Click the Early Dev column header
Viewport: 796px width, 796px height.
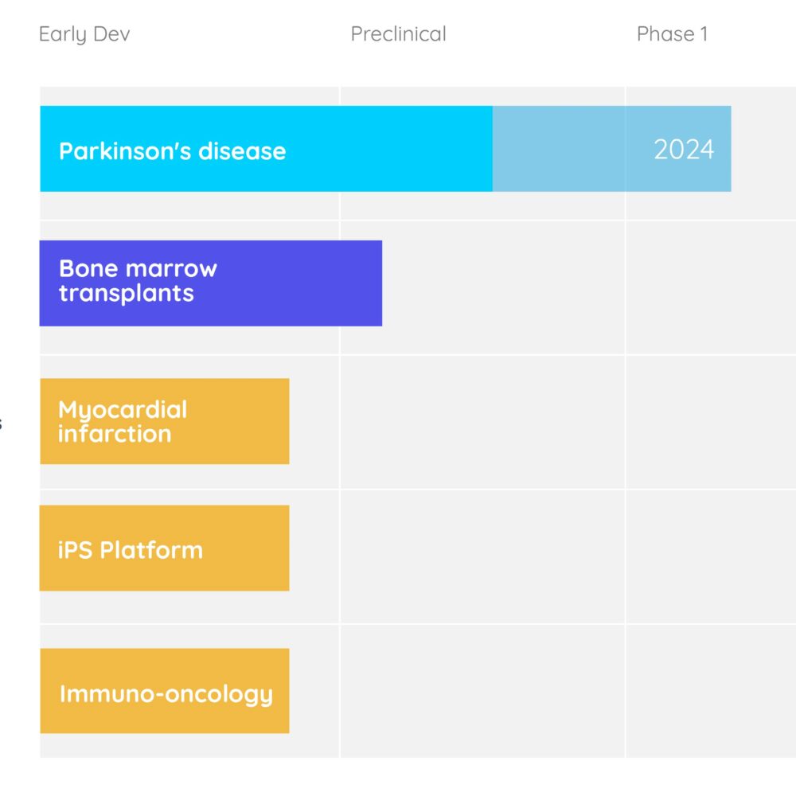(x=84, y=34)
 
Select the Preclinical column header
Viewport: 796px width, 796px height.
(x=399, y=34)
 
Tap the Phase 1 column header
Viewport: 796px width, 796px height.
(x=672, y=34)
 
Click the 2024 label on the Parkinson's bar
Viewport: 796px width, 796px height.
(x=684, y=150)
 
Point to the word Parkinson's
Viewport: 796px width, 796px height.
(x=125, y=150)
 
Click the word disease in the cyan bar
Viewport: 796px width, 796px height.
(x=242, y=150)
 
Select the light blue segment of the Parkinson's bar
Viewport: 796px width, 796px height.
(x=611, y=149)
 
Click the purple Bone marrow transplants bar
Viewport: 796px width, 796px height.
(x=211, y=283)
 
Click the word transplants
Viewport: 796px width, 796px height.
(x=127, y=294)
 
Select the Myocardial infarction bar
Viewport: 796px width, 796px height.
(x=165, y=421)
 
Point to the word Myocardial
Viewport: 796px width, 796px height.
(x=123, y=410)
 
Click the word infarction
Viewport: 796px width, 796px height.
(x=115, y=434)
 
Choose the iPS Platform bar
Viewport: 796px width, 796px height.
(x=165, y=548)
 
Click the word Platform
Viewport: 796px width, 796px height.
(x=151, y=550)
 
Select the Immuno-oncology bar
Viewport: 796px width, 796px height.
(x=165, y=691)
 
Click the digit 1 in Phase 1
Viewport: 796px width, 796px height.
(x=704, y=34)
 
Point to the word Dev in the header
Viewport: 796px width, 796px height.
(x=111, y=34)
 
